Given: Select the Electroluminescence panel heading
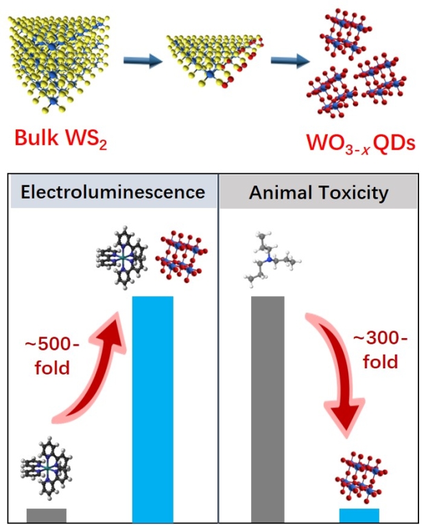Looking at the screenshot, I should tap(113, 192).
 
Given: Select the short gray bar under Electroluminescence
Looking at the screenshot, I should tap(47, 514).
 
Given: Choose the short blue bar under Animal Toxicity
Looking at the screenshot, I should tap(359, 515).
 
